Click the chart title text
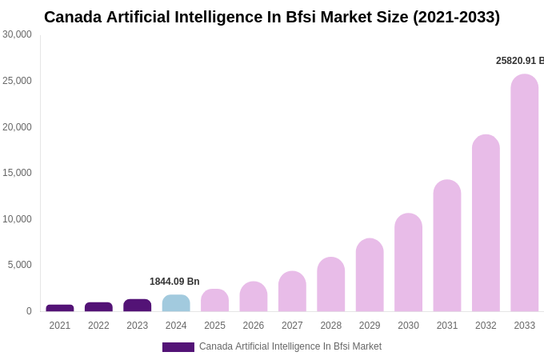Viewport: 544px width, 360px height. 272,17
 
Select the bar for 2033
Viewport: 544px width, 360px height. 524,193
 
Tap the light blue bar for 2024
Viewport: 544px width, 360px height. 176,303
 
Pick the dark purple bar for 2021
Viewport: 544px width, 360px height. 60,308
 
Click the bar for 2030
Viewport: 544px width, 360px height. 408,262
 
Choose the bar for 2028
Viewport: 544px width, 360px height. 330,284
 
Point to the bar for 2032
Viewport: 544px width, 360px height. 486,223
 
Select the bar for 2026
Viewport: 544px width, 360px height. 254,297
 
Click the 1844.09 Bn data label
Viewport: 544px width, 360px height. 174,282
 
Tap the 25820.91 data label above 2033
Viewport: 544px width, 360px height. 519,61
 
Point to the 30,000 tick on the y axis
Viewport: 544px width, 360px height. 17,34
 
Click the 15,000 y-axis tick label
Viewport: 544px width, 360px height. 17,173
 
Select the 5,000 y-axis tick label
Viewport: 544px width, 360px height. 20,265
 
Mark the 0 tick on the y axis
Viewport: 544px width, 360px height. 29,311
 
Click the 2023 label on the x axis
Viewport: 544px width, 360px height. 138,326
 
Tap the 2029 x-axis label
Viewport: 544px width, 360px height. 370,326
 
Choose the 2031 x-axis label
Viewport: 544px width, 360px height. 447,326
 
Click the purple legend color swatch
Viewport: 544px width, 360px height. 178,347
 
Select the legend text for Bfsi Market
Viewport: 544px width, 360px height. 290,346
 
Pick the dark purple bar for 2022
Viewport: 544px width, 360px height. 98,307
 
